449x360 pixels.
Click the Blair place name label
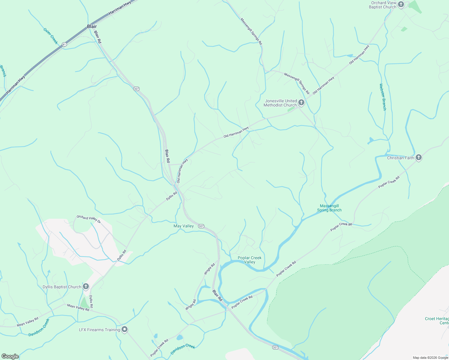point(92,26)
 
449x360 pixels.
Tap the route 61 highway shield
point(64,44)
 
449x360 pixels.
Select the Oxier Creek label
point(50,36)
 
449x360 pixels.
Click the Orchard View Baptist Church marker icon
point(401,5)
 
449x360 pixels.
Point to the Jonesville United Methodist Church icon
point(301,103)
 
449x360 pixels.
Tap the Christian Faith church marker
point(419,157)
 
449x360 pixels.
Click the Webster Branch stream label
point(383,97)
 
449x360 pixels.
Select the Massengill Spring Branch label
point(329,208)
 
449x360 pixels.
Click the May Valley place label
point(184,226)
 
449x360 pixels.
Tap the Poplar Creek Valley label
point(249,260)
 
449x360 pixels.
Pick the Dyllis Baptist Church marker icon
point(86,286)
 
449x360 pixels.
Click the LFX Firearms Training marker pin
point(125,329)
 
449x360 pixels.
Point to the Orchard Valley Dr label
point(89,219)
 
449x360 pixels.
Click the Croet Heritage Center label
point(437,321)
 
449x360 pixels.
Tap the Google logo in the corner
point(10,356)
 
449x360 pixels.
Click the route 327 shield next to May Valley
point(201,226)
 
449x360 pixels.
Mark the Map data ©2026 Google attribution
point(430,358)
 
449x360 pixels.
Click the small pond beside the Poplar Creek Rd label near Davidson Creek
point(179,337)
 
